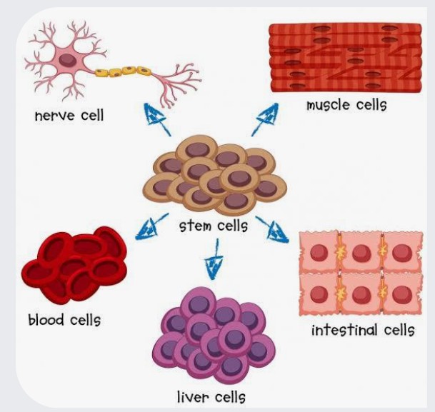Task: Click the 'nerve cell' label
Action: (69, 116)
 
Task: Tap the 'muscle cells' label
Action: (346, 106)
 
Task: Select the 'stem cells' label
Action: (214, 226)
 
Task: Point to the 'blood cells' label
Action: (64, 320)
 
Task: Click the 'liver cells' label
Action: (211, 397)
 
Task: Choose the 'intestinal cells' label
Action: (363, 330)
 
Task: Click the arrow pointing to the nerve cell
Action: (157, 119)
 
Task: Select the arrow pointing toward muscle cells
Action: (265, 119)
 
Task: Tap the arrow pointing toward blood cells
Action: (152, 226)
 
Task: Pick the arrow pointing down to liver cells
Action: (215, 259)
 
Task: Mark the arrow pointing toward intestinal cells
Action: (272, 229)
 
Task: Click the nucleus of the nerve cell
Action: (67, 60)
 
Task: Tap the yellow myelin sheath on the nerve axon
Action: (123, 71)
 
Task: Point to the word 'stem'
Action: (195, 226)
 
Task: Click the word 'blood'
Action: (46, 320)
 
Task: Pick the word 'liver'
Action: (193, 397)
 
